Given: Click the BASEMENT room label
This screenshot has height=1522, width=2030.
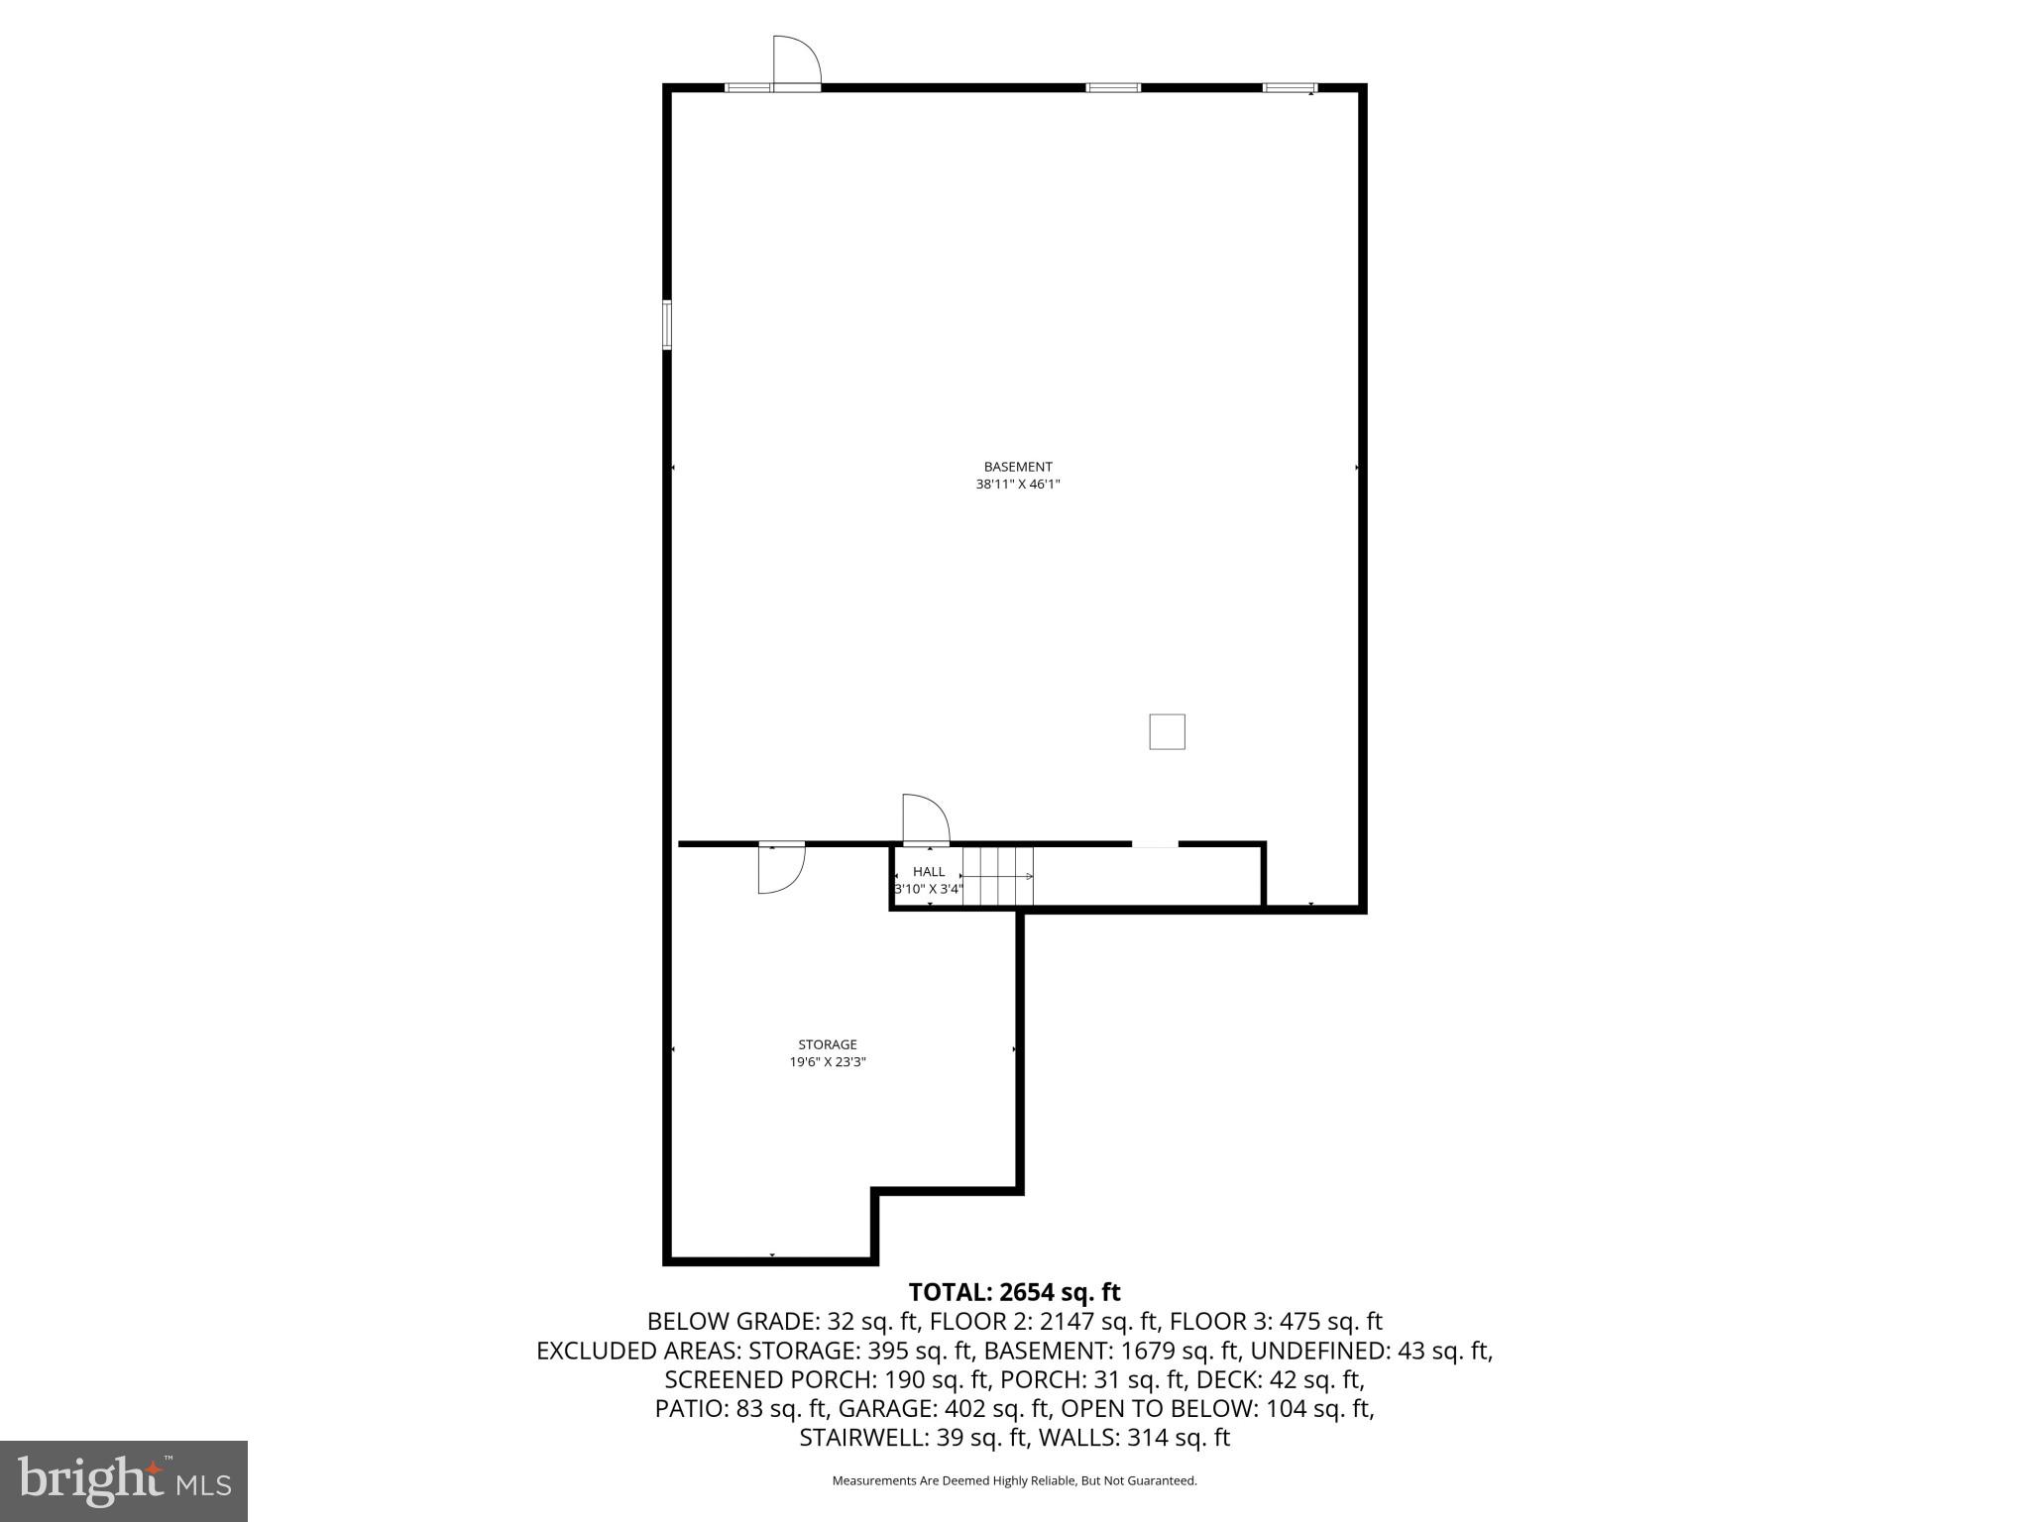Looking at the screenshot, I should (x=1017, y=467).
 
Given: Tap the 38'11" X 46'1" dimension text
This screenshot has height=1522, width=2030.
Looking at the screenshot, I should (x=1017, y=485).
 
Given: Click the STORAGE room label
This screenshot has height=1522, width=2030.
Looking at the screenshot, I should (x=827, y=1044).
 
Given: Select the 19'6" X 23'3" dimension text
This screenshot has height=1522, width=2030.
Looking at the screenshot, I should (x=827, y=1062).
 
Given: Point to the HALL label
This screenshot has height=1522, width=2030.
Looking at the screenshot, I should (x=929, y=872).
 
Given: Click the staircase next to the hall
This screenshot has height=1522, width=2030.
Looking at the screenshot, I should (x=998, y=877).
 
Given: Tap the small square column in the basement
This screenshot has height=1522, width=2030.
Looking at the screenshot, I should (x=1167, y=732).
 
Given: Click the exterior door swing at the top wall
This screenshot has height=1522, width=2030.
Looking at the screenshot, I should (x=796, y=62).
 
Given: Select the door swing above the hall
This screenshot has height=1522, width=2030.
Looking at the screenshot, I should (x=925, y=819).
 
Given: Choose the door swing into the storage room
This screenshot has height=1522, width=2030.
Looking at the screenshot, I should (x=780, y=869).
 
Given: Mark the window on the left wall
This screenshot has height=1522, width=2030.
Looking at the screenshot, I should (x=667, y=325).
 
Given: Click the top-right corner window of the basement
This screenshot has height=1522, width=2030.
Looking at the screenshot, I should (x=1290, y=88).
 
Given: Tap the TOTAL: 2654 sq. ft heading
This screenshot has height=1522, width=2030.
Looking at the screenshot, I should (x=1014, y=1292).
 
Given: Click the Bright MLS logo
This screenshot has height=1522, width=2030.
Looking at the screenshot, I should (x=124, y=1480).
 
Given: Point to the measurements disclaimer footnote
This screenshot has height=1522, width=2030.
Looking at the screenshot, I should (x=1014, y=1481).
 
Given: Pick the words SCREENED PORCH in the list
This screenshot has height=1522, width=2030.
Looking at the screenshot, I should (x=749, y=1379).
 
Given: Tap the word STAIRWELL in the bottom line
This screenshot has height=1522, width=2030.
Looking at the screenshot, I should (x=861, y=1438).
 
